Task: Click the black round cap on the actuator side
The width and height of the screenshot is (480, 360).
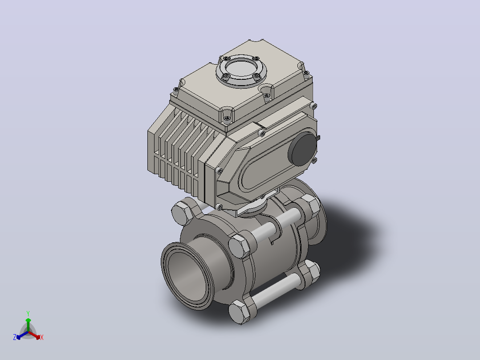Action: [303, 149]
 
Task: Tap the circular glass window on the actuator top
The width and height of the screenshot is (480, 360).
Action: [241, 68]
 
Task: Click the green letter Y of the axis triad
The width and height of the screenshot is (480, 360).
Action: [28, 313]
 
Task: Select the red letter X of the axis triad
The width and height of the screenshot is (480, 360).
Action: [42, 337]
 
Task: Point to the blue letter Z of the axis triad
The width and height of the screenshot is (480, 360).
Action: [15, 337]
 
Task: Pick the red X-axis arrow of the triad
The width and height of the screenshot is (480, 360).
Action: [34, 335]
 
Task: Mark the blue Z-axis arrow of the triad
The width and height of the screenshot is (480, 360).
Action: [22, 335]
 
